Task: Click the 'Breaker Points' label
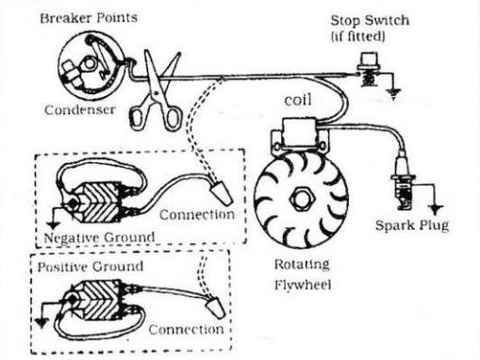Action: pos(89,18)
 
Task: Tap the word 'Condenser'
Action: pos(80,110)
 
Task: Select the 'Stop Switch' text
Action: pos(370,21)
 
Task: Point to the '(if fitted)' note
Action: pos(357,37)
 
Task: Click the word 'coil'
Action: pos(298,100)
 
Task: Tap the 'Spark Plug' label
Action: pos(412,225)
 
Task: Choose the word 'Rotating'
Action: pos(302,264)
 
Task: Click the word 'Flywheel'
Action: pos(303,286)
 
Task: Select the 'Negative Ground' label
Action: pos(99,237)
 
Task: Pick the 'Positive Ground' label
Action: pos(91,267)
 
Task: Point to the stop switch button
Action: pos(369,59)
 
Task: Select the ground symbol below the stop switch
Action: pos(393,93)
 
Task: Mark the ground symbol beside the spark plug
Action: pos(435,208)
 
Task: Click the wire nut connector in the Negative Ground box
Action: pos(222,193)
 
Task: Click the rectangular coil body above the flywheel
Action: pos(300,130)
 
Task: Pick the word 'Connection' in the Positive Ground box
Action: pos(186,330)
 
